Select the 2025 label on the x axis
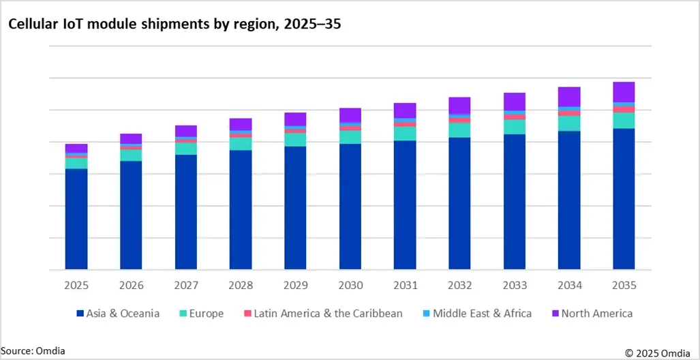(76, 286)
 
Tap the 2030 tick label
(350, 286)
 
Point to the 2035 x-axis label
(624, 286)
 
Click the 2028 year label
(241, 286)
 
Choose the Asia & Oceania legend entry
(118, 314)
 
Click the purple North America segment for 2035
(624, 92)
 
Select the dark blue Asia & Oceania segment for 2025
(76, 218)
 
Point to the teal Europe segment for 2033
(515, 127)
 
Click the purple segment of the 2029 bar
(295, 119)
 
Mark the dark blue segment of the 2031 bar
(405, 205)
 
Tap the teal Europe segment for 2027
(186, 149)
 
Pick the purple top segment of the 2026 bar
(131, 138)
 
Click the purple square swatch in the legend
(555, 314)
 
